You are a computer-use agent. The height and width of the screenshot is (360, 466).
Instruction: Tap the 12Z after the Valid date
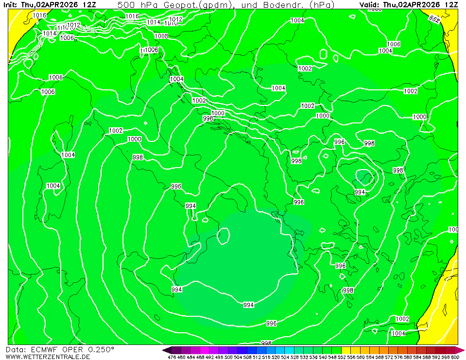(451, 4)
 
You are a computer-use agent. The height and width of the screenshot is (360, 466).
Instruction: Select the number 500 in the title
(125, 4)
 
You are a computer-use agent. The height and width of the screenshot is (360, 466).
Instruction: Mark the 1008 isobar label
(161, 36)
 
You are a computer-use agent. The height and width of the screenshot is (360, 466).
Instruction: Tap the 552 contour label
(434, 19)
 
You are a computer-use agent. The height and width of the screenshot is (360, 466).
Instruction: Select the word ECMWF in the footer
(46, 349)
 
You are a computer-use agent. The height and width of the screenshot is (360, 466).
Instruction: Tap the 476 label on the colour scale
(172, 357)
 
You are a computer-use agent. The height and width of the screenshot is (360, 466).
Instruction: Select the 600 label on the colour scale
(454, 357)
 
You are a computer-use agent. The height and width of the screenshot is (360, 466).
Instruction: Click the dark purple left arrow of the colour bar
(166, 350)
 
